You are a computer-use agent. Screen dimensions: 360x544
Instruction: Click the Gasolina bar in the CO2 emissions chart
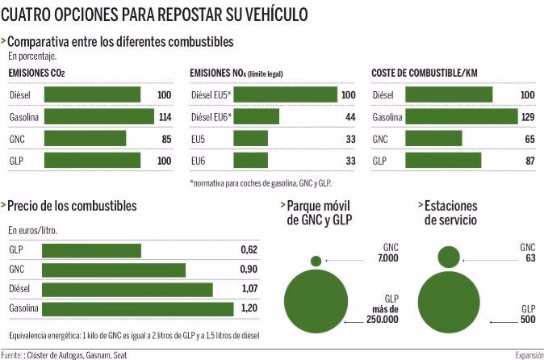pos(98,117)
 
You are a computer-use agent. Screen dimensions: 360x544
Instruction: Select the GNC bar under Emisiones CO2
pos(85,138)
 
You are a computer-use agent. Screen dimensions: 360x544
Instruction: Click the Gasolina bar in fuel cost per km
pos(461,117)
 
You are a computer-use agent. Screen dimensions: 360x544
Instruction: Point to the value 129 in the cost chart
pos(526,118)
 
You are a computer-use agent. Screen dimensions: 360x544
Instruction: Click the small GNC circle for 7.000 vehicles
pos(316,261)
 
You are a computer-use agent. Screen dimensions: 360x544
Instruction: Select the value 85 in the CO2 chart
pos(165,139)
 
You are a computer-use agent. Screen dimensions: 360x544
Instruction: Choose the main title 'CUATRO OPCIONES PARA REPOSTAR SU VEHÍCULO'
pos(153,15)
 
